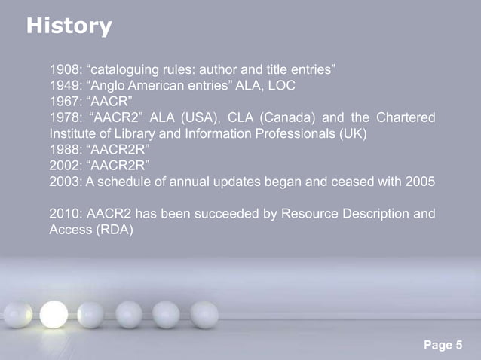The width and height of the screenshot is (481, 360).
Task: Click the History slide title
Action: (x=69, y=27)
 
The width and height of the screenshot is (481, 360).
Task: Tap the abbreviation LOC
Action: (x=280, y=86)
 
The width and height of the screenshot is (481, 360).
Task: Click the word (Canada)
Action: (x=299, y=119)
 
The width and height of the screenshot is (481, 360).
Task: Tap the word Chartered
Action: (x=405, y=119)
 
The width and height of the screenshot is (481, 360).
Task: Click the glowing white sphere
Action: (x=54, y=313)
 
